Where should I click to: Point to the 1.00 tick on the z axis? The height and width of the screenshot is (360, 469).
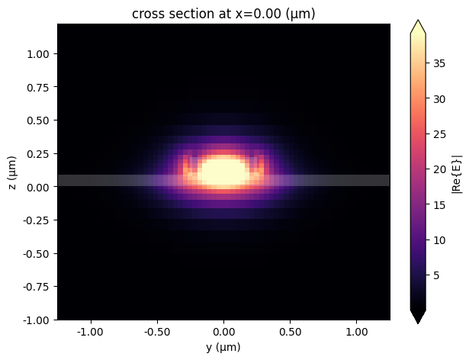click(x=40, y=54)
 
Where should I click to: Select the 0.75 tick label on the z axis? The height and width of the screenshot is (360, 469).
click(x=40, y=87)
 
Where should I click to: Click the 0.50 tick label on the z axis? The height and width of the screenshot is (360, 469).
click(x=40, y=121)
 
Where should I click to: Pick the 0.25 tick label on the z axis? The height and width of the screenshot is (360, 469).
click(x=40, y=153)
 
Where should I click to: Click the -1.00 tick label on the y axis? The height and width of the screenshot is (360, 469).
click(x=91, y=333)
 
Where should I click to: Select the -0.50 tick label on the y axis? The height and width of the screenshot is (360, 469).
click(x=157, y=333)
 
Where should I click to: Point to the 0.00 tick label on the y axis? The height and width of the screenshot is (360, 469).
click(x=223, y=333)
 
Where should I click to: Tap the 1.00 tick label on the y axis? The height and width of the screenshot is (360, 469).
click(x=357, y=333)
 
